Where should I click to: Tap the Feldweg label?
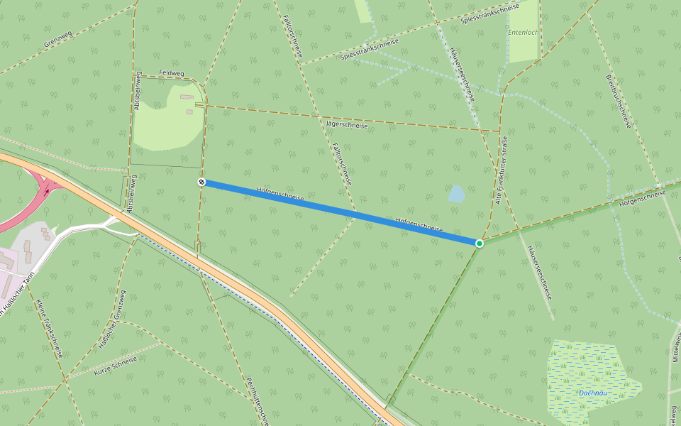pos(172,73)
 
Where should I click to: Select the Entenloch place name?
pos(524,33)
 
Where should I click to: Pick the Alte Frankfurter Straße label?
pos(502,170)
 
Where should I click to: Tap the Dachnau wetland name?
pos(592,393)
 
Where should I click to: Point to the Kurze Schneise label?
pos(115,366)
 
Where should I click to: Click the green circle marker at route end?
pos(480,244)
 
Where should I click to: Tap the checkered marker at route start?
pos(201,182)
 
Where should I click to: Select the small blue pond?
pos(457,193)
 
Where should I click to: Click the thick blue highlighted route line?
pos(340,213)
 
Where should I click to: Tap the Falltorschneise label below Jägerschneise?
pos(342,164)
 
